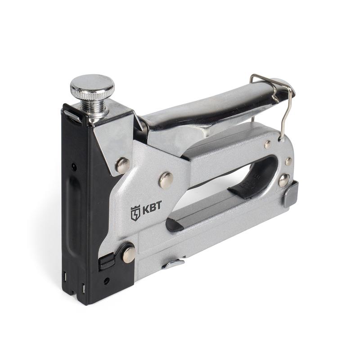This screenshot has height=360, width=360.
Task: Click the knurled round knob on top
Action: (92, 87)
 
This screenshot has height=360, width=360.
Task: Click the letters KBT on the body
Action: (152, 207)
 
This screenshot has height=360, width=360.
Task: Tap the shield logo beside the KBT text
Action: (135, 213)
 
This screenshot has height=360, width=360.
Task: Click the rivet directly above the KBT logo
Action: (166, 180)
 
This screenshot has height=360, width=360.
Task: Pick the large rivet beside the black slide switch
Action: (129, 255)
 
